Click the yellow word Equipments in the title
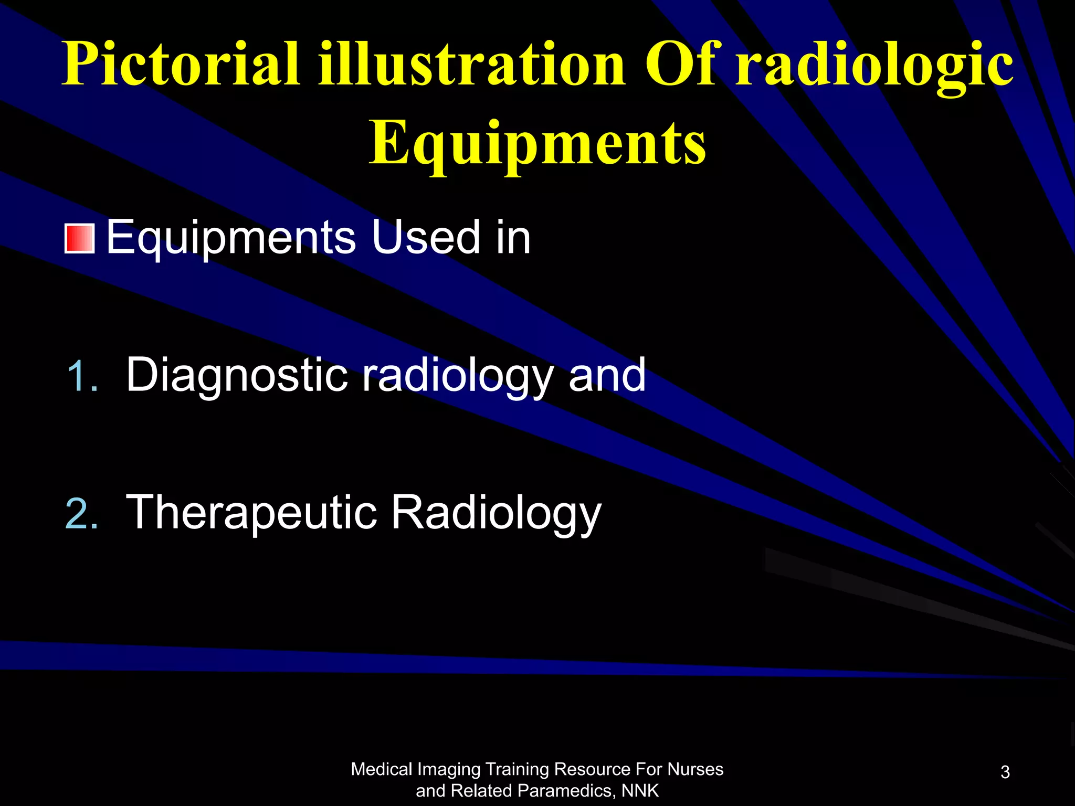coord(537,143)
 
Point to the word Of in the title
coord(680,64)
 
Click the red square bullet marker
coord(79,239)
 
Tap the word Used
coord(426,237)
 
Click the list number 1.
coord(82,376)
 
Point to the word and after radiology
coord(607,375)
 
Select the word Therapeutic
coord(251,513)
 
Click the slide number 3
coord(1005,772)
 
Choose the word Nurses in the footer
coord(695,769)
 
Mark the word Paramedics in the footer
coord(564,791)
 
